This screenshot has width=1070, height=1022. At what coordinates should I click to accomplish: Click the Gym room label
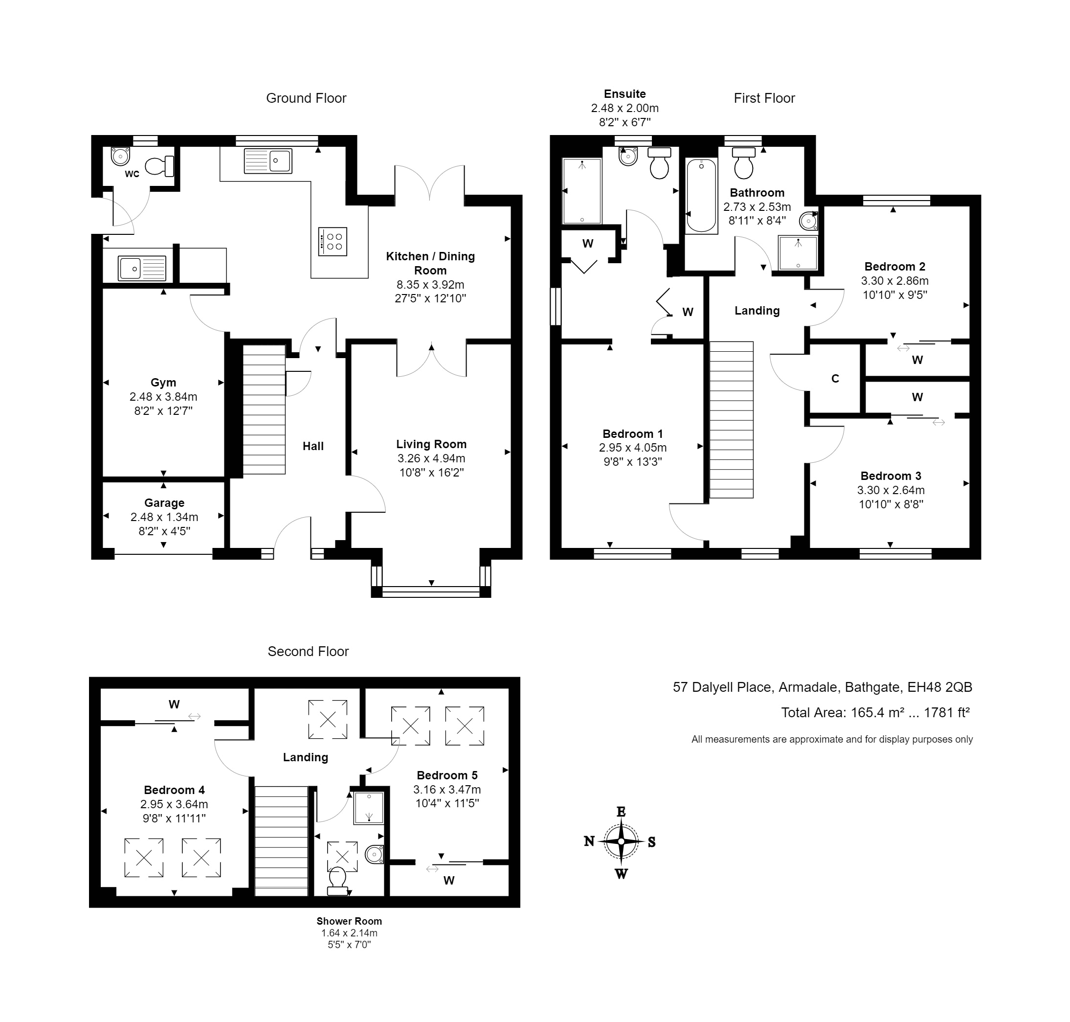coord(163,383)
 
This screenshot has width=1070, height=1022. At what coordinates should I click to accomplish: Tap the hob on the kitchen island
coord(333,241)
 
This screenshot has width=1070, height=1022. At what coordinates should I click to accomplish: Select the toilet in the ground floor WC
coord(160,166)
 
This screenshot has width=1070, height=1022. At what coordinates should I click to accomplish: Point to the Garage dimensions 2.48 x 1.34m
coord(164,517)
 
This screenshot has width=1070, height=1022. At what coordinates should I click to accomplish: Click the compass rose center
coord(621,841)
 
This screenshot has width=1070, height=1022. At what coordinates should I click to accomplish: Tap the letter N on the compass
coord(589,841)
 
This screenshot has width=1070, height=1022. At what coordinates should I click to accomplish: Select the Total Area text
coord(875,713)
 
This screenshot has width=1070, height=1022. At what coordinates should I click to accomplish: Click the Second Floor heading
coord(308,652)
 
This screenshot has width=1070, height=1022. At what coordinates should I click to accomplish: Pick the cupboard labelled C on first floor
coord(835,379)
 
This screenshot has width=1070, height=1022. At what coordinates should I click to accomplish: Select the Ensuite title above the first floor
coord(624,94)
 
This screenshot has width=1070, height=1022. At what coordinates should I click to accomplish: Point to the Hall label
coord(312,446)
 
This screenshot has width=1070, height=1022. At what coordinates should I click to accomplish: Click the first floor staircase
coord(731,419)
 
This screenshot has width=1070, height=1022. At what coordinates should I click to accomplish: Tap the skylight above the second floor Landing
coord(328,720)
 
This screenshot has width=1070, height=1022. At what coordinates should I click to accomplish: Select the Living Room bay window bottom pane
coord(431,589)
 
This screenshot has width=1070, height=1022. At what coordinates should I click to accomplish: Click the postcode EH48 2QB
coord(939,687)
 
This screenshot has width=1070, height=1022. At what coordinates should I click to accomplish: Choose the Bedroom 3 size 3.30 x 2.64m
coord(891,490)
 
